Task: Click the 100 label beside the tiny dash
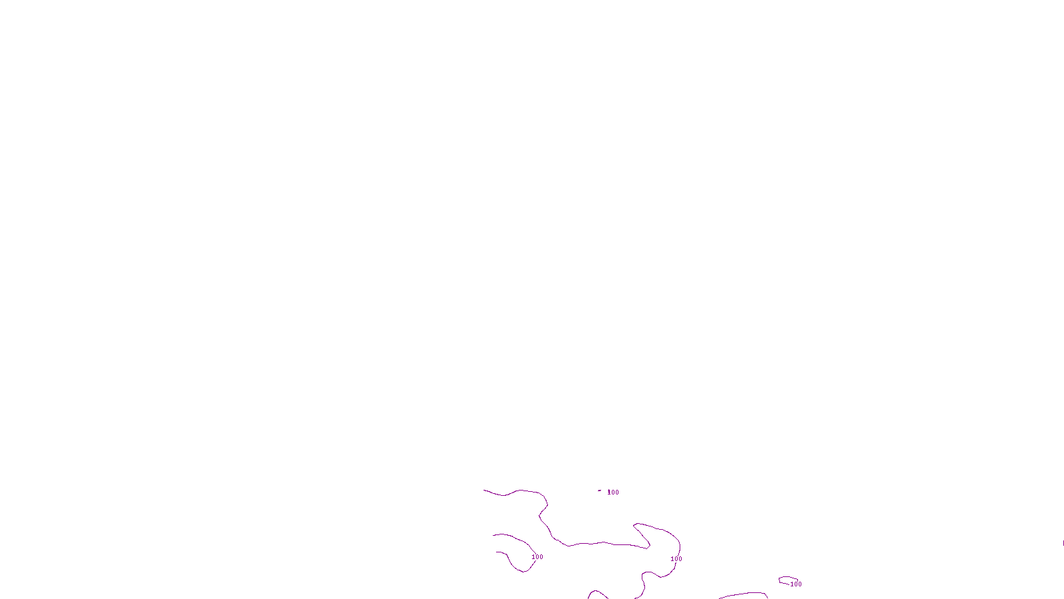pos(613,493)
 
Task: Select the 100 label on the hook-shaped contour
pos(537,557)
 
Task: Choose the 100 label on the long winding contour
pos(676,559)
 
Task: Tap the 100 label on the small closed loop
pos(796,584)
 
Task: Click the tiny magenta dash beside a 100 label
pos(599,491)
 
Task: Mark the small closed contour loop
pos(787,580)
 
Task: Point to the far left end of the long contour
pos(485,491)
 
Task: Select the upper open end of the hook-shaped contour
pos(493,535)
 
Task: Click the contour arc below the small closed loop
pos(743,594)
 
